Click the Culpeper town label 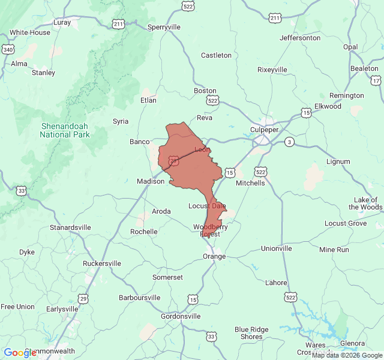click(264, 130)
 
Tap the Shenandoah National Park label click(65, 130)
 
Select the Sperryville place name click(164, 28)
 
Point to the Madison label click(151, 182)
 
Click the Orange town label click(214, 256)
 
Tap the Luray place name click(62, 23)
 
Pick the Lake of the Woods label click(365, 203)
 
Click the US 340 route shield click(8, 49)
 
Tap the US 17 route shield click(376, 80)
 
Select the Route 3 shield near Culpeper click(290, 142)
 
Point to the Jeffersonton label click(300, 38)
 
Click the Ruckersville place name click(102, 263)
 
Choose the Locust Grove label click(346, 223)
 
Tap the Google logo click(20, 353)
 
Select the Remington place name click(347, 95)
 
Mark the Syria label click(121, 121)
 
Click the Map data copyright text click(347, 355)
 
